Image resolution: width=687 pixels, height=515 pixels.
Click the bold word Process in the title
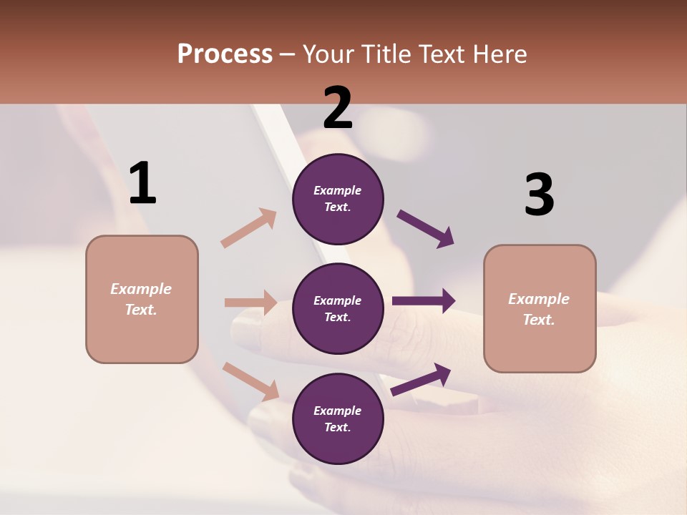coord(225,54)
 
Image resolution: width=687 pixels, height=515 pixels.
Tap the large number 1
coord(142,183)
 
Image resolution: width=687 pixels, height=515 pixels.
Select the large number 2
coord(338,108)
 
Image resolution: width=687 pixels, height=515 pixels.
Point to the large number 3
coord(539,195)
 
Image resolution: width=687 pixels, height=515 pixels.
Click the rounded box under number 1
coord(142,299)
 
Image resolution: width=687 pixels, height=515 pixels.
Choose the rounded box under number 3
coord(540,309)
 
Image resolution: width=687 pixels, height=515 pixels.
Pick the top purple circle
coord(338,199)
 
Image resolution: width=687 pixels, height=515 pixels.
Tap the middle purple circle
coord(338,308)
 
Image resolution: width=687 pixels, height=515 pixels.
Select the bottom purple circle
coord(338,418)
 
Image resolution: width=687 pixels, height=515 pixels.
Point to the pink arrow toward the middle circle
coord(250,303)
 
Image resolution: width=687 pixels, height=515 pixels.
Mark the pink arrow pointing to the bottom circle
coord(250,381)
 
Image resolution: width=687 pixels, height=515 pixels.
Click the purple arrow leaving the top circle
coord(426,229)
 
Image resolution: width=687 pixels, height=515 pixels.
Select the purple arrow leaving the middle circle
coord(423,301)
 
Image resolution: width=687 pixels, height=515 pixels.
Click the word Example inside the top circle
coord(338,190)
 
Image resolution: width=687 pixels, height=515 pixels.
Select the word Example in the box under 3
coord(539,299)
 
